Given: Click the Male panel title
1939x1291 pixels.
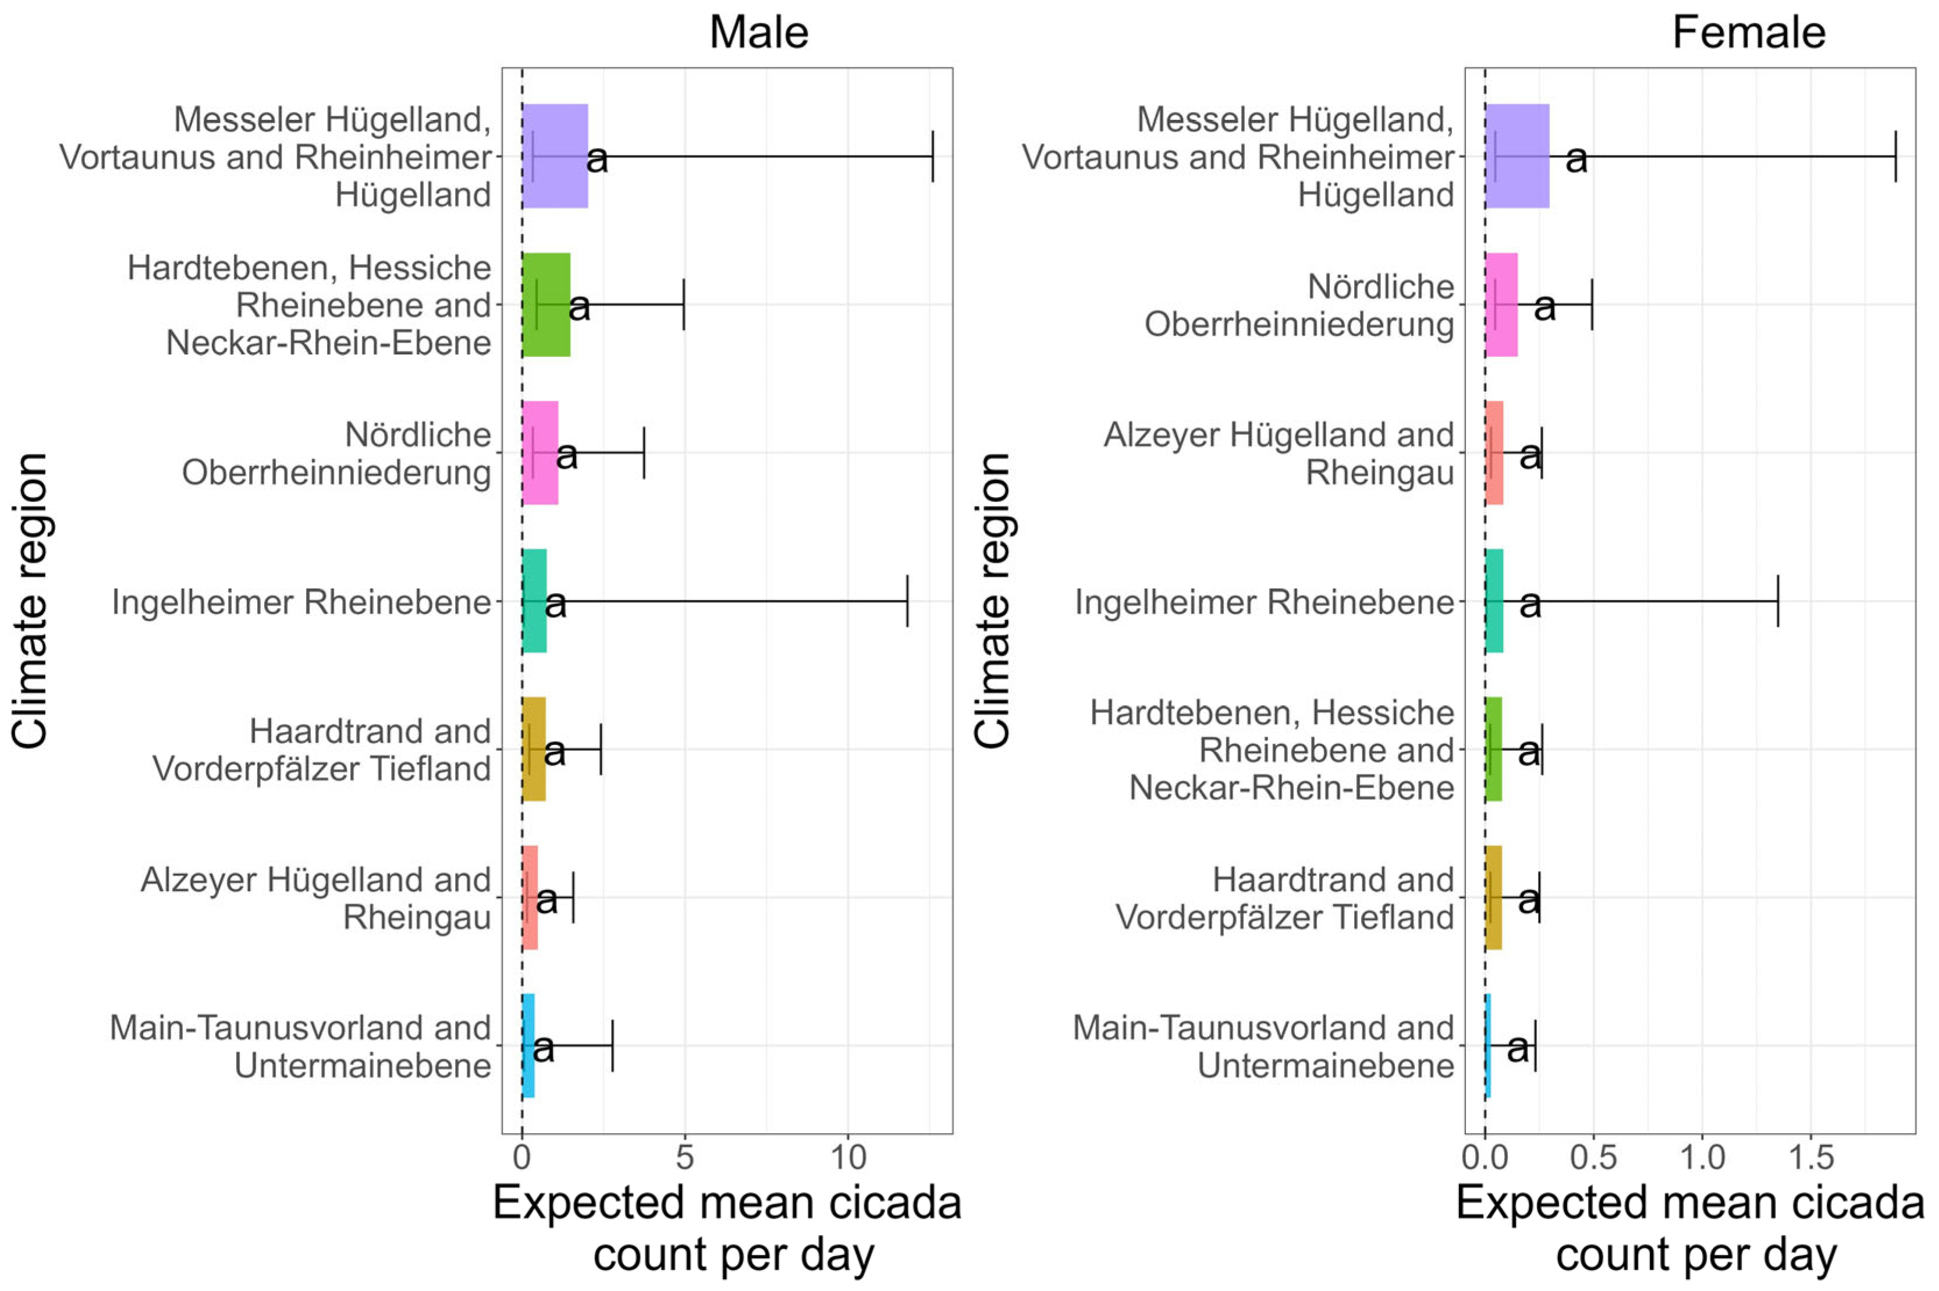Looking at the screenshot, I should [x=758, y=33].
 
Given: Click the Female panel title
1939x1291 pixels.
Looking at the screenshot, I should [x=1748, y=33].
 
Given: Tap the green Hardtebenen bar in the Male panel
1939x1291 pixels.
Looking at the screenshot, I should [x=546, y=304].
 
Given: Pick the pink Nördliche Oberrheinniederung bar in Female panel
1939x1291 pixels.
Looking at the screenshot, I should [x=1501, y=304].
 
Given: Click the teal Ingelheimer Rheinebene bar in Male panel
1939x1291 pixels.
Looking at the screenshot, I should [x=534, y=601].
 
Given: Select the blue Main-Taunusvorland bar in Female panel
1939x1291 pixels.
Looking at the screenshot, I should [x=1488, y=1045].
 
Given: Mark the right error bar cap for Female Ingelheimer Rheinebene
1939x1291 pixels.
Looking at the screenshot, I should [x=1778, y=601].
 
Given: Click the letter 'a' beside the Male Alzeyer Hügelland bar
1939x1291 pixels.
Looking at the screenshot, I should [x=546, y=899].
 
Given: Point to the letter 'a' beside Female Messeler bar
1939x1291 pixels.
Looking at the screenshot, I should [x=1576, y=159].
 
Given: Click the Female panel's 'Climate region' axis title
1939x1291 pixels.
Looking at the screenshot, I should [x=993, y=601].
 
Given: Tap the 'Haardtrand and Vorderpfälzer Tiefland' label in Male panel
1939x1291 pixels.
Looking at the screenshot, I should [x=322, y=749].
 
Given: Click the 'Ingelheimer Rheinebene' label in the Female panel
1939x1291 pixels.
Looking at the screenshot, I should [x=1264, y=602].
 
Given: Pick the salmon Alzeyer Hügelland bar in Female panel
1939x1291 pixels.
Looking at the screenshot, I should [x=1494, y=453].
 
